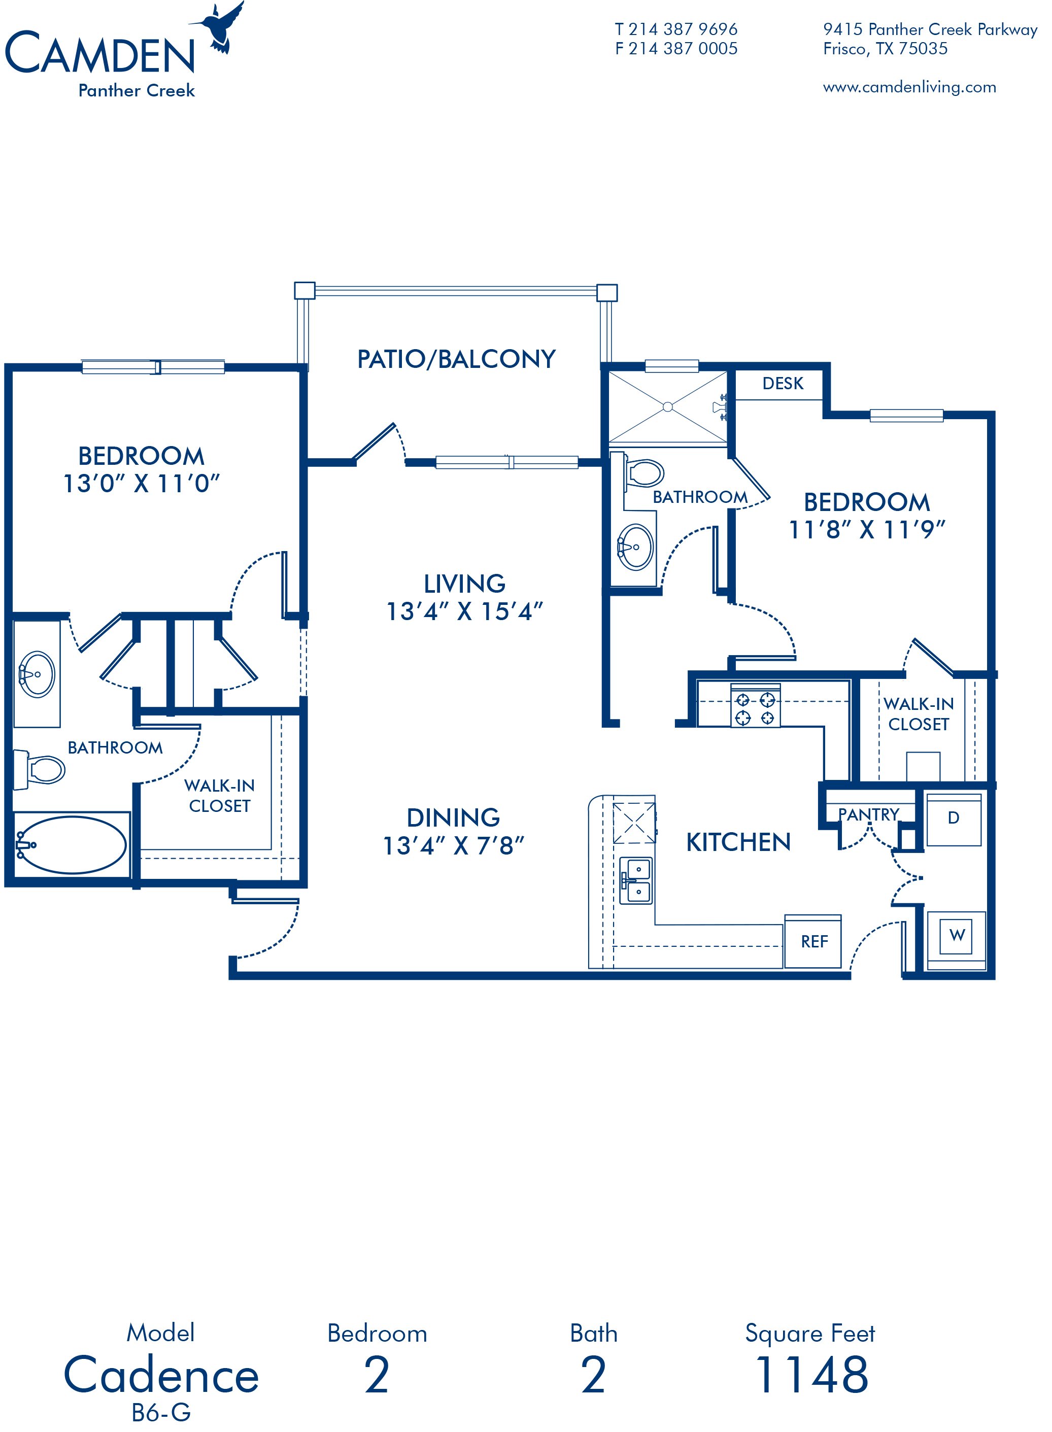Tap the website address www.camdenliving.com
click(909, 87)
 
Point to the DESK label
click(783, 383)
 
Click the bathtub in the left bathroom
click(72, 844)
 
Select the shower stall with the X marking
click(667, 406)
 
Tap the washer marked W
click(957, 940)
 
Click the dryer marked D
click(953, 819)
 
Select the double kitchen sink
click(636, 880)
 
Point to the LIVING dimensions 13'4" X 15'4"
click(465, 611)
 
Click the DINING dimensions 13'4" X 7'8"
click(453, 845)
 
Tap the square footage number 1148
click(811, 1375)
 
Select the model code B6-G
click(161, 1412)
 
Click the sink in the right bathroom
click(635, 547)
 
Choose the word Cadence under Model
click(161, 1374)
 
